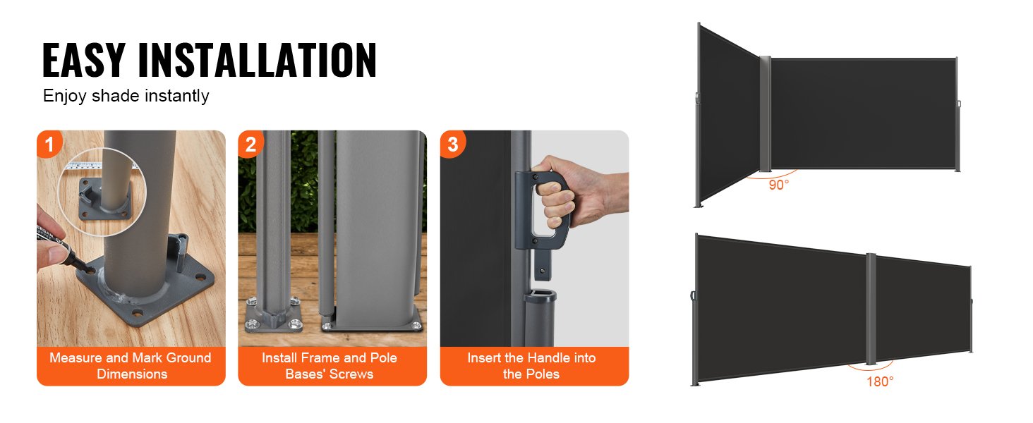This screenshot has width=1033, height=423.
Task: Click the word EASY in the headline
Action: pos(84,59)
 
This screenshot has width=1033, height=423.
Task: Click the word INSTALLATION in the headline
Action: pos(258,59)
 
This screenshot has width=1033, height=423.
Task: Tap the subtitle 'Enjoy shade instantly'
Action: pos(126,96)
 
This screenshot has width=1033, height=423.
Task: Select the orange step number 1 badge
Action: pos(49,144)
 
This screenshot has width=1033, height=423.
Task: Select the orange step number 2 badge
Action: pos(250,144)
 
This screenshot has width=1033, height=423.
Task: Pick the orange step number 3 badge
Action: pos(452,144)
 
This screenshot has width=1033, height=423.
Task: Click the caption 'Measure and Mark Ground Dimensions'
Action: pos(131,366)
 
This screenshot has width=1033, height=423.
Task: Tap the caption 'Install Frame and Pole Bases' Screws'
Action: pos(330,366)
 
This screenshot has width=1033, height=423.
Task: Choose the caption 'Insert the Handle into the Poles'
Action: pos(532,366)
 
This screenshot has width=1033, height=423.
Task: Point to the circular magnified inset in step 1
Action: pos(102,192)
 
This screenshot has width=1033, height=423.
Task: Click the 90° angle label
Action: pos(779,185)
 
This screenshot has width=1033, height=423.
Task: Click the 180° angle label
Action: pos(880,382)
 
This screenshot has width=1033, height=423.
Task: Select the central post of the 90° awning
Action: pos(765,114)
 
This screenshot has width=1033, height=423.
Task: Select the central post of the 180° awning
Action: pos(871,309)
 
